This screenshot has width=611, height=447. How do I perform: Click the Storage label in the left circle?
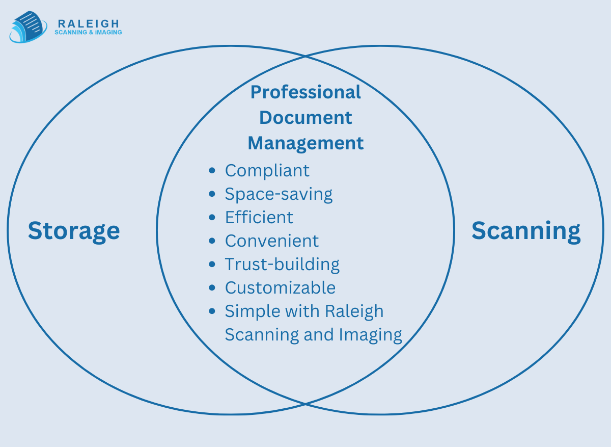(74, 230)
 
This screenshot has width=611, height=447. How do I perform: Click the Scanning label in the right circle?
(526, 230)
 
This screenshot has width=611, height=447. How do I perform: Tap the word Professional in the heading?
(305, 92)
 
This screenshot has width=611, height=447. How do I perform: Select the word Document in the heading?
(305, 118)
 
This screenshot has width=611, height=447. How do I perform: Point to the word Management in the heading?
(305, 143)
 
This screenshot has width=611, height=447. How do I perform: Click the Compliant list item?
(267, 170)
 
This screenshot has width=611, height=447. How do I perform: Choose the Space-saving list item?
(279, 194)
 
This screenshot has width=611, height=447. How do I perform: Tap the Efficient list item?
(259, 217)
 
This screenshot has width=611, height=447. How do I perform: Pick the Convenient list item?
(271, 241)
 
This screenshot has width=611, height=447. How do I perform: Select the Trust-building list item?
(282, 264)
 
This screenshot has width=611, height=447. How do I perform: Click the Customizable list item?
(280, 287)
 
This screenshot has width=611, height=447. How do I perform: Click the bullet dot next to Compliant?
(212, 171)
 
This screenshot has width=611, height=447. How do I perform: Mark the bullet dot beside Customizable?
(212, 288)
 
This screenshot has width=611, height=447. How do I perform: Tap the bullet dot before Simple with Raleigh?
(212, 311)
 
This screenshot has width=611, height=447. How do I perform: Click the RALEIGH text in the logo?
(89, 23)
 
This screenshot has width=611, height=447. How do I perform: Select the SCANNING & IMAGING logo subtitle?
(88, 33)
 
